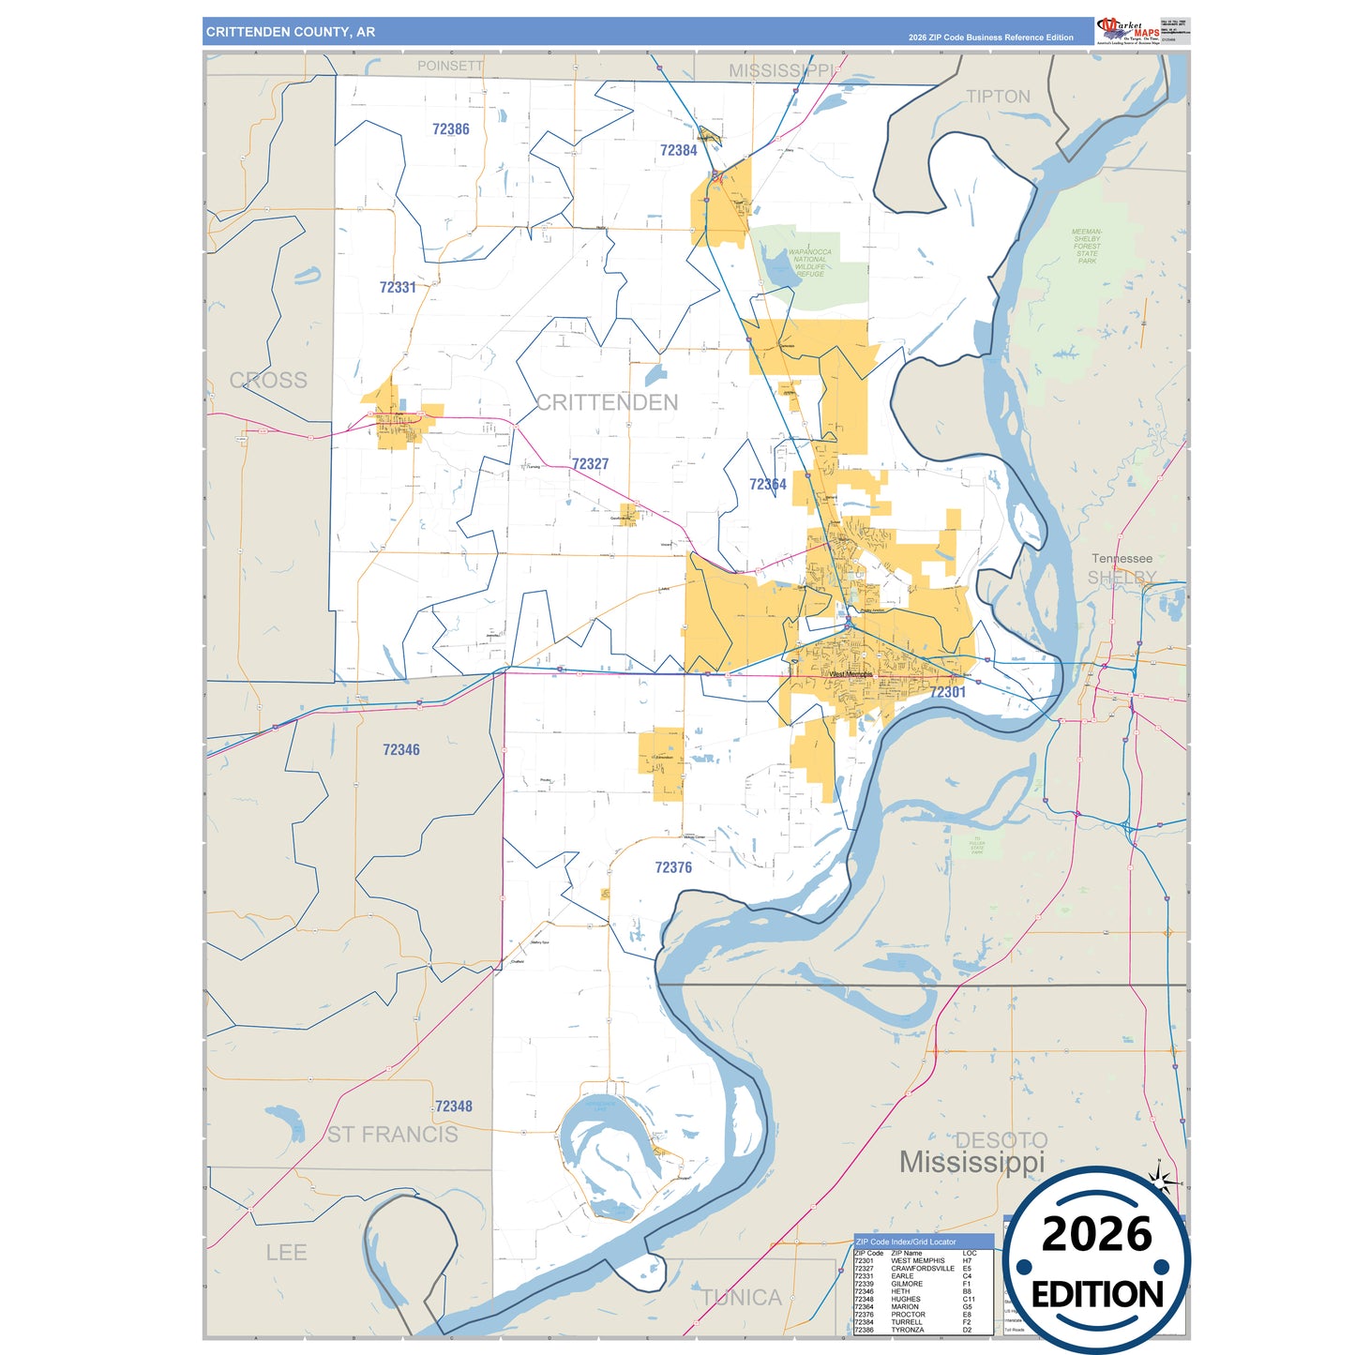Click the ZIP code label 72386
tap(450, 129)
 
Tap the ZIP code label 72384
tap(678, 150)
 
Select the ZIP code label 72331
tap(398, 287)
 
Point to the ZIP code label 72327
tap(590, 463)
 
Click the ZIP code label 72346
tap(400, 749)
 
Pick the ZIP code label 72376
tap(673, 867)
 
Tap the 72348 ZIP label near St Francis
tap(453, 1107)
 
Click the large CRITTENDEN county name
tap(607, 402)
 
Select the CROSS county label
tap(268, 380)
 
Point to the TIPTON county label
tap(998, 97)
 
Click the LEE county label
tap(286, 1252)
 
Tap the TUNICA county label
tap(742, 1297)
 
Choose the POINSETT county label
tap(450, 66)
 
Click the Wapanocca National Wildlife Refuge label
tap(809, 263)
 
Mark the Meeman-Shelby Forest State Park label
tap(1087, 246)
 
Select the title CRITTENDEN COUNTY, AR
tap(291, 32)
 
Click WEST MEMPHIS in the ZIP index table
tap(917, 1261)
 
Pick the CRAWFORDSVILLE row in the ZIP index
tap(922, 1269)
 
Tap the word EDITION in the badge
tap(1096, 1295)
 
